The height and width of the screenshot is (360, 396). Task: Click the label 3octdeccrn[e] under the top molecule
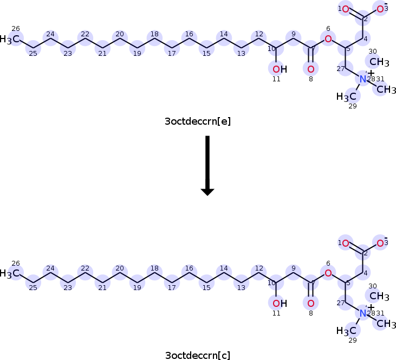coord(198,121)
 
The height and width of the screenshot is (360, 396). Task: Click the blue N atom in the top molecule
coord(363,79)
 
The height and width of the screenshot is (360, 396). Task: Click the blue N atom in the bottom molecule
coord(363,313)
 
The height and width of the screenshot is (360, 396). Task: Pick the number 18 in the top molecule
coord(154,34)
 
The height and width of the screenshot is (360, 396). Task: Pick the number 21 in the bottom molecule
coord(102,287)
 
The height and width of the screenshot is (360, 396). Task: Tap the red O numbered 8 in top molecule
coord(310,69)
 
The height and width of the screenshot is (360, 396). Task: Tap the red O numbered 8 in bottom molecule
coord(310,303)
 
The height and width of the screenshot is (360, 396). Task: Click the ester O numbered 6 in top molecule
coord(328,38)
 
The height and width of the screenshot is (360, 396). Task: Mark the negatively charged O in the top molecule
coord(381,9)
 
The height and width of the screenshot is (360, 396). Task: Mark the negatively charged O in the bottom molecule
coord(381,243)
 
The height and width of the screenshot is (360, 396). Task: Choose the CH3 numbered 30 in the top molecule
coord(380,62)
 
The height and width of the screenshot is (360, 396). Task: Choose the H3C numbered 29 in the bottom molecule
coord(347,331)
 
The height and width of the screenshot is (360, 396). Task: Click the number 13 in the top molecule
coord(241,53)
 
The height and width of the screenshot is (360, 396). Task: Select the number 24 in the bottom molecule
coord(50,268)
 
